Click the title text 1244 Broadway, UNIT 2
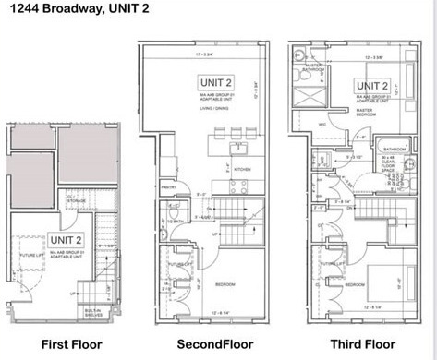tap(68, 10)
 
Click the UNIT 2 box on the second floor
tap(214, 81)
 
